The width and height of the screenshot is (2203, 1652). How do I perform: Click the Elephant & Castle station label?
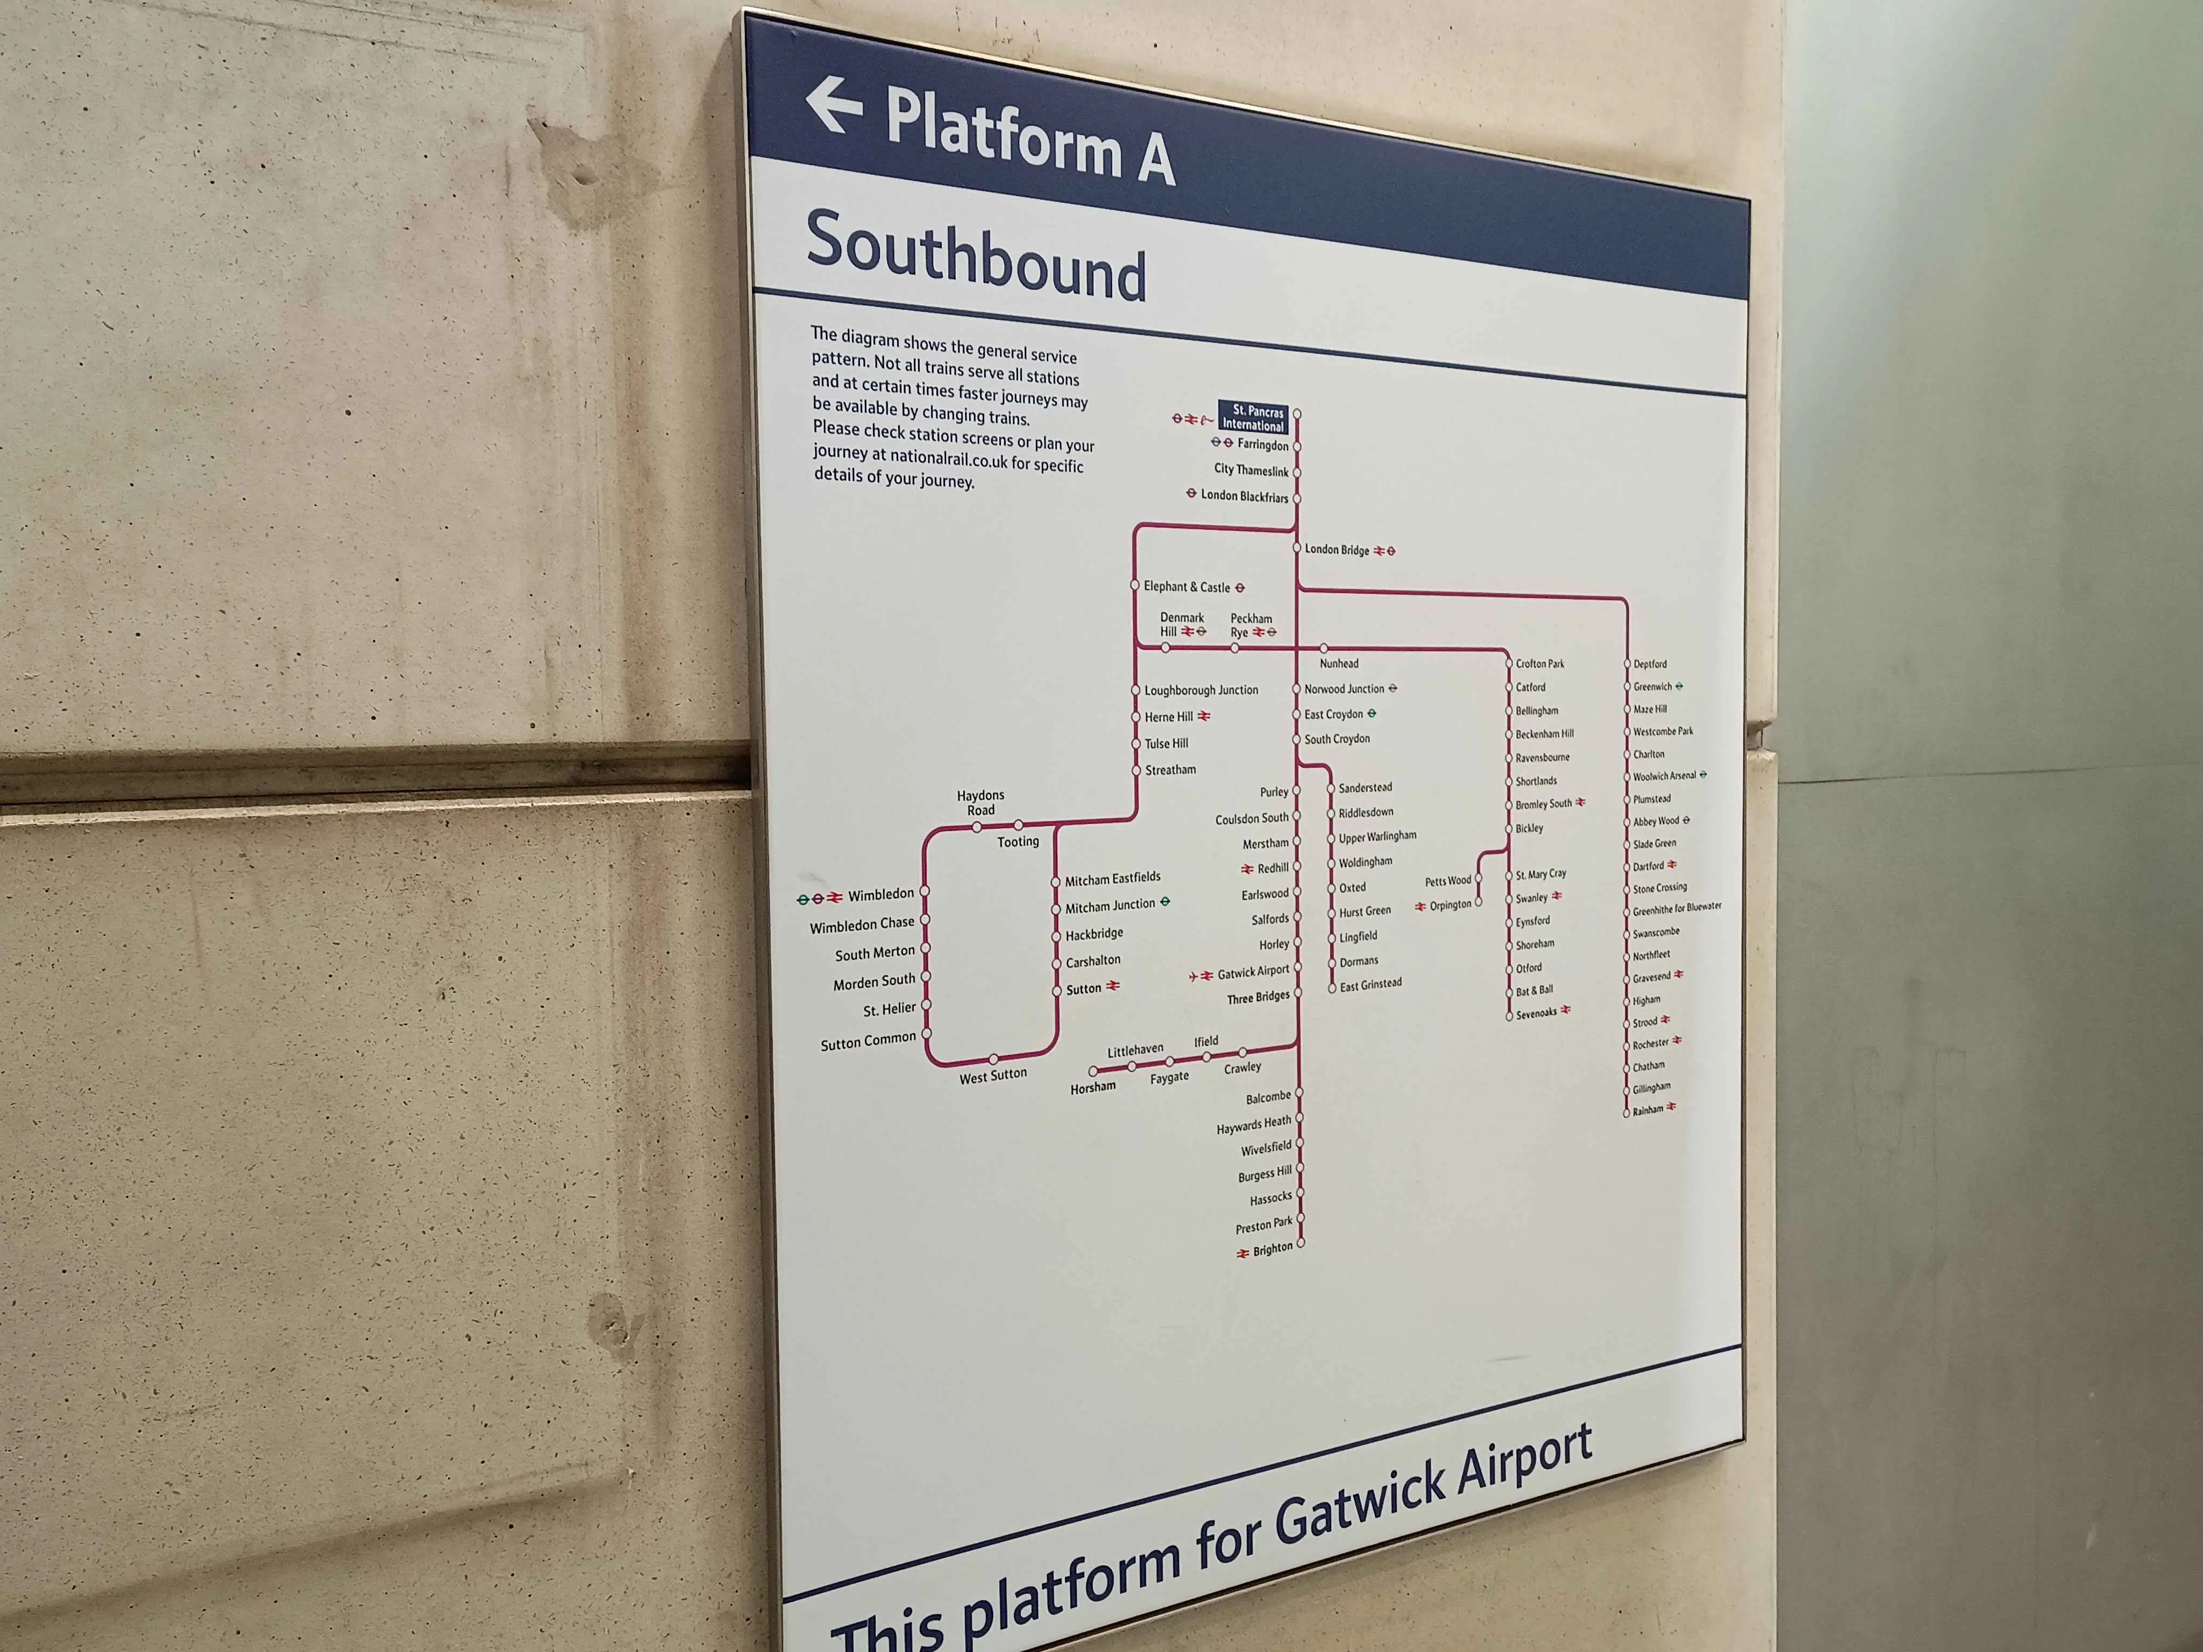(x=1186, y=587)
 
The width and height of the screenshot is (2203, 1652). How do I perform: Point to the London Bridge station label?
(x=1337, y=550)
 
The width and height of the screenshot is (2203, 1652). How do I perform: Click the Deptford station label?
(x=1649, y=664)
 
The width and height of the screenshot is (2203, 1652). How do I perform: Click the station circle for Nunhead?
(x=1324, y=648)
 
